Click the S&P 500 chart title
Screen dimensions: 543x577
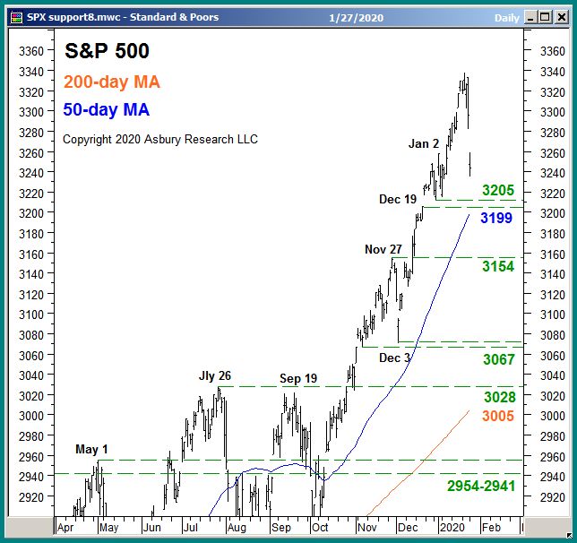click(108, 52)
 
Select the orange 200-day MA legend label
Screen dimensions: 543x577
click(112, 82)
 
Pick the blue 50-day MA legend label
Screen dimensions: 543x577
click(107, 111)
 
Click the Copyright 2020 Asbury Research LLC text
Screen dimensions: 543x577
click(160, 139)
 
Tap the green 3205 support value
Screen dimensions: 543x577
click(498, 190)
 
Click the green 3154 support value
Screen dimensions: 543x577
click(498, 267)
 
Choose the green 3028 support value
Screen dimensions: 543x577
click(499, 397)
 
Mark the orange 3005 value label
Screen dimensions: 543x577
click(498, 416)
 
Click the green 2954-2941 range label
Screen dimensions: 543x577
click(481, 486)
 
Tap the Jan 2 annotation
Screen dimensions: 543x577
click(424, 143)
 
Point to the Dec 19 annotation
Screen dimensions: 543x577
click(397, 199)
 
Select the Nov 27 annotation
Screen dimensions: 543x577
click(383, 249)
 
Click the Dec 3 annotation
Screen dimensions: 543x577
click(395, 358)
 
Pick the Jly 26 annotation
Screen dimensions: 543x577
click(215, 376)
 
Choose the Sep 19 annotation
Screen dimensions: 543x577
click(298, 378)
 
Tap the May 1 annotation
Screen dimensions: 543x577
click(91, 449)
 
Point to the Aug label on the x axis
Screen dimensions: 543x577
click(237, 529)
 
